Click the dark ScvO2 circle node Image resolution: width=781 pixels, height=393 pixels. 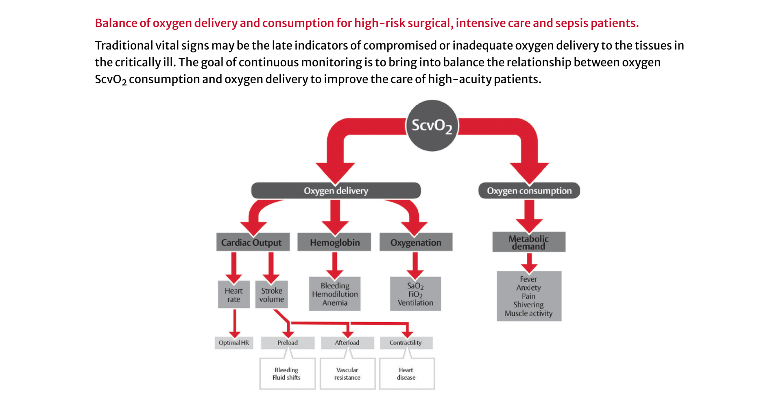pos(432,126)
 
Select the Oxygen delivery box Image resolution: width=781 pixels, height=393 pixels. pos(336,191)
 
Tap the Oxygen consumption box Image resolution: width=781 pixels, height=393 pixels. pos(529,191)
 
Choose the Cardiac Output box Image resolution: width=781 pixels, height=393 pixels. pos(253,242)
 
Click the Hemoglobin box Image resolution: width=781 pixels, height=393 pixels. pos(334,242)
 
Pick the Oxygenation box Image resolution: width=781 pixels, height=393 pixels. pos(416,242)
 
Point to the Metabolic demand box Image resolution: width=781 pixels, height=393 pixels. pos(529,242)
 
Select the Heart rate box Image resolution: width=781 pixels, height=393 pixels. pos(234,295)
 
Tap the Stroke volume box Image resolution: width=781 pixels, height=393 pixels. pos(271,295)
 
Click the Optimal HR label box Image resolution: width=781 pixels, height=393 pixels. pos(234,343)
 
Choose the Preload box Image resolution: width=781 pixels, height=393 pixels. pos(288,343)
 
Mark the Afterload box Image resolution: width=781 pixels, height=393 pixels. pos(347,343)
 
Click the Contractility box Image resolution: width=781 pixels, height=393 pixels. pos(406,343)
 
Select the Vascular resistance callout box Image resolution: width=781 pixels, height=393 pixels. pos(347,374)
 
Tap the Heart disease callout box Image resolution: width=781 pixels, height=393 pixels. pos(406,374)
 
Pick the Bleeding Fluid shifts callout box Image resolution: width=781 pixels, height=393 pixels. pos(287,374)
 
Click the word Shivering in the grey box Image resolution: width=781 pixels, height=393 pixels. pos(528,305)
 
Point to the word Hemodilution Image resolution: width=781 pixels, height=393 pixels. pos(335,294)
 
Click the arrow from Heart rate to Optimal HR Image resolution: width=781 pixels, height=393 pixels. pos(234,324)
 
